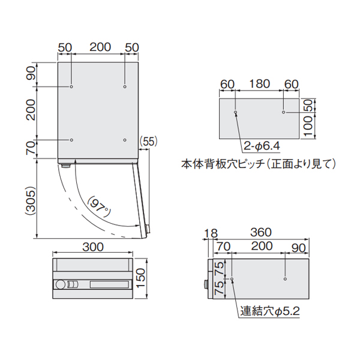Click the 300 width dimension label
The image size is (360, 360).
(x=93, y=247)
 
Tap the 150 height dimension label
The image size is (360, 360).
(x=141, y=278)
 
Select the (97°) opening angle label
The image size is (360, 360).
(x=99, y=206)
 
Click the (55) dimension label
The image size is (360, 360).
(x=148, y=141)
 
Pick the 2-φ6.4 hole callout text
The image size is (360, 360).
(x=262, y=146)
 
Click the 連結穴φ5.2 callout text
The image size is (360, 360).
(x=270, y=311)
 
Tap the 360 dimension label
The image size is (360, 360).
(x=261, y=232)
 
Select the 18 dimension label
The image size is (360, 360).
(x=211, y=233)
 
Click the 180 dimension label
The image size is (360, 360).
(x=259, y=84)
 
